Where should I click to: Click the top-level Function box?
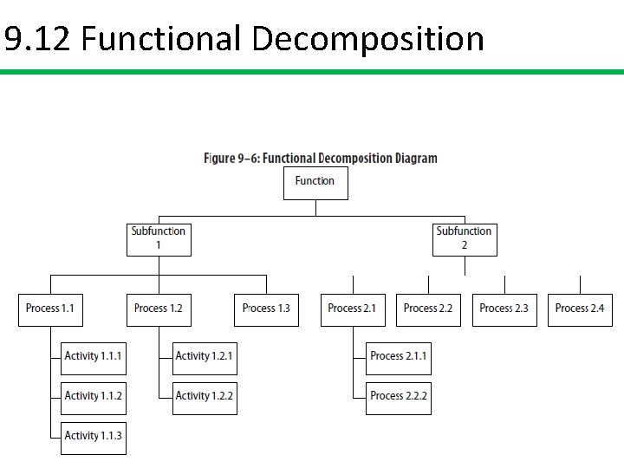[315, 183]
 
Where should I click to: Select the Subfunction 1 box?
[159, 238]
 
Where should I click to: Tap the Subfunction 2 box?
[465, 238]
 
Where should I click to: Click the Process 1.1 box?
[50, 309]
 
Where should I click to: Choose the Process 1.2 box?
[159, 309]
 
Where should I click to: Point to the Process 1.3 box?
[266, 309]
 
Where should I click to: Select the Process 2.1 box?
[353, 309]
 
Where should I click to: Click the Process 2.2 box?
[428, 309]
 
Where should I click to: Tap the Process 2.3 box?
[504, 309]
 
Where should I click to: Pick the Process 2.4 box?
[580, 309]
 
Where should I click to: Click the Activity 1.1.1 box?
[94, 357]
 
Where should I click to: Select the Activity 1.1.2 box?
[94, 397]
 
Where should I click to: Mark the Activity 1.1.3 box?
[94, 437]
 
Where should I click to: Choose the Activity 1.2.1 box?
[205, 357]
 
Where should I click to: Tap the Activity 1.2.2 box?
[205, 397]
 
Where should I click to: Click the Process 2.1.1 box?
[399, 357]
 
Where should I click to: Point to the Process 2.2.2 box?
[399, 397]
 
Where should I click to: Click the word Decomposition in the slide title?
[368, 40]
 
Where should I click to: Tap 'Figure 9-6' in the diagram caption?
[231, 159]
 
